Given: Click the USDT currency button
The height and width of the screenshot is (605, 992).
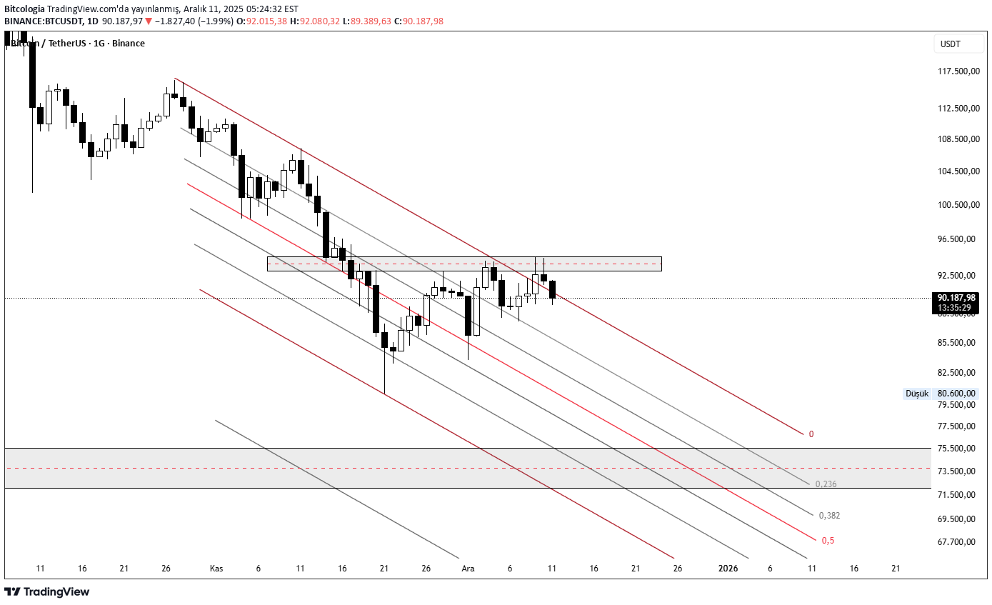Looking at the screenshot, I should click(x=950, y=44).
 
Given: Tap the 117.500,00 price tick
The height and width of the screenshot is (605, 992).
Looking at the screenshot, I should click(x=956, y=71).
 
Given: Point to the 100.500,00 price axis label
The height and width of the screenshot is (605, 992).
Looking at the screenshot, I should click(x=956, y=205).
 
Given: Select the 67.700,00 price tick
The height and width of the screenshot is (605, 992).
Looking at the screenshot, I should click(x=956, y=542).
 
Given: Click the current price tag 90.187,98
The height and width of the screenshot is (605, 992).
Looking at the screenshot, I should click(x=956, y=298).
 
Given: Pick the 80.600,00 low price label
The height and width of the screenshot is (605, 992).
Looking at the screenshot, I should click(x=956, y=394).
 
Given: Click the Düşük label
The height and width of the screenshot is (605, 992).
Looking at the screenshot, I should click(x=917, y=394).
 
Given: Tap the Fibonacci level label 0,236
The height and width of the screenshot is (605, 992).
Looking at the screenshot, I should click(x=824, y=484).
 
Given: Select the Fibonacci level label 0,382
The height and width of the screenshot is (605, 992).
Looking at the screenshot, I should click(x=829, y=516).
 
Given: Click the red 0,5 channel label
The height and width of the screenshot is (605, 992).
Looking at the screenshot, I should click(x=828, y=541).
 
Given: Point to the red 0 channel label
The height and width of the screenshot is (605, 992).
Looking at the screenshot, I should click(x=811, y=434).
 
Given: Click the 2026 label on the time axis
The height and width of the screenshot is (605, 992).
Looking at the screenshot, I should click(x=728, y=569).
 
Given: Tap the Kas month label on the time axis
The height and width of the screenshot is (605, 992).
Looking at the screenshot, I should click(x=216, y=569).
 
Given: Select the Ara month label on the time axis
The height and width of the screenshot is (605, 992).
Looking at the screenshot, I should click(x=468, y=569).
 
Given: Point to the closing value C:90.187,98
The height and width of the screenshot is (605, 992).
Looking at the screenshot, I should click(x=423, y=21).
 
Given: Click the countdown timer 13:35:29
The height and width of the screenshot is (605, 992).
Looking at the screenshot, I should click(x=954, y=308).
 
